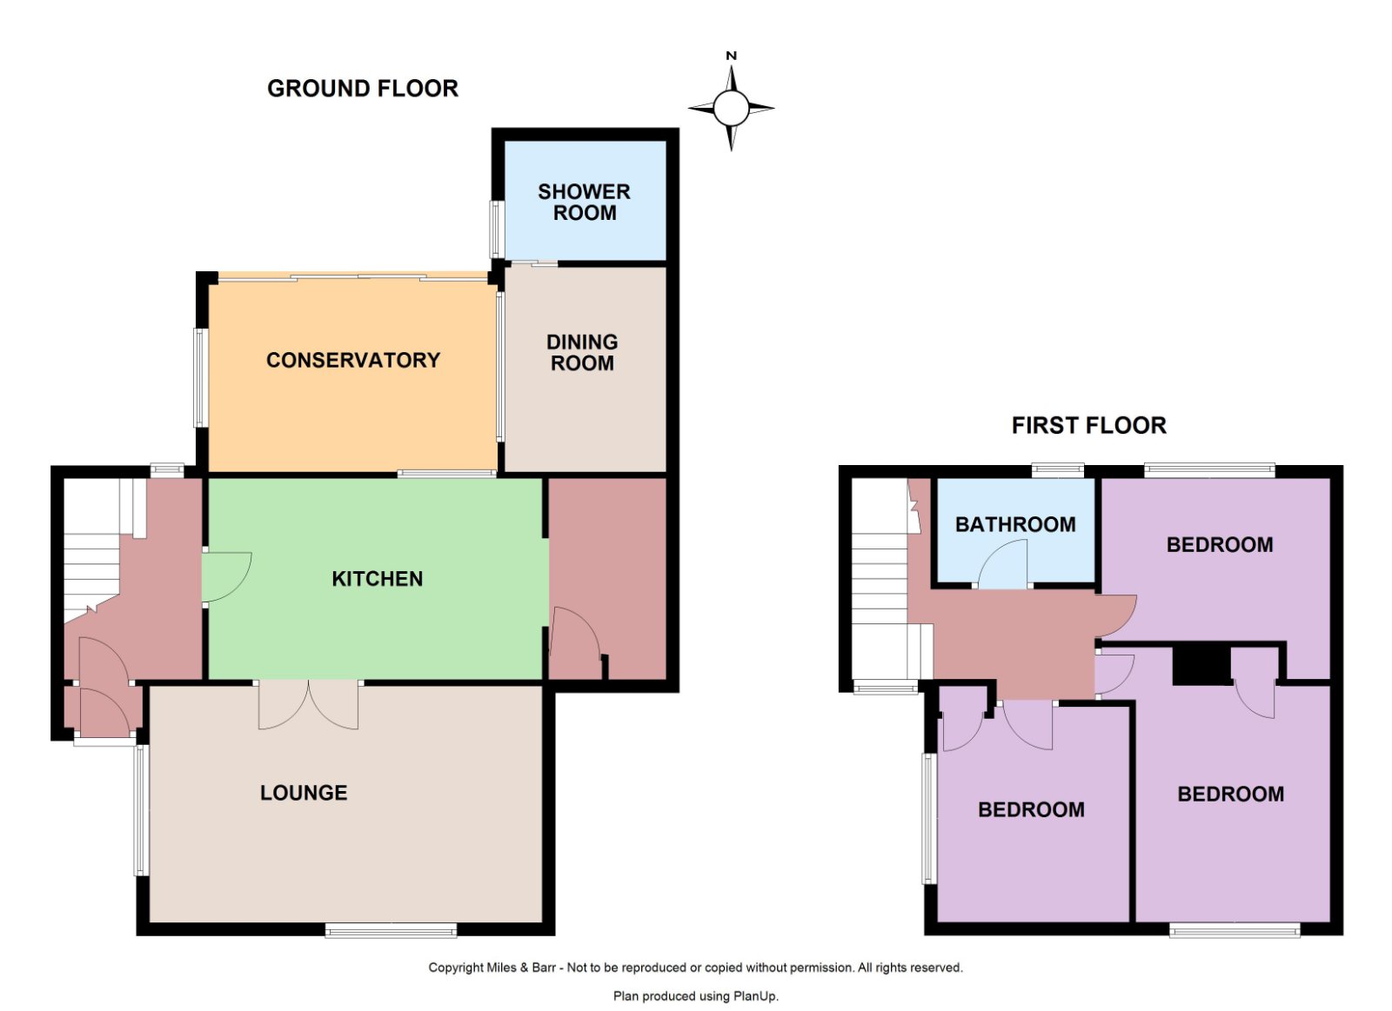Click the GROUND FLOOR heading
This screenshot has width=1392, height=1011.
click(362, 88)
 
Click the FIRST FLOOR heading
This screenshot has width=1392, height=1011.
click(1088, 425)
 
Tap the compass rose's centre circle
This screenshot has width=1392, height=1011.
click(731, 108)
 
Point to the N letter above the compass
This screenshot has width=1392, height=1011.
click(732, 56)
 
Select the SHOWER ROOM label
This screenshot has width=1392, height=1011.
click(584, 202)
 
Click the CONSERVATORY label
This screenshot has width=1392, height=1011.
click(353, 360)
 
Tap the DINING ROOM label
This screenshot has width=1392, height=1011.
click(582, 352)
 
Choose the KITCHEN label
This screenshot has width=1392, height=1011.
click(378, 579)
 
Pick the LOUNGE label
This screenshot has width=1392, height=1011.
click(304, 793)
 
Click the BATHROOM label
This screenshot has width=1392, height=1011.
click(1015, 524)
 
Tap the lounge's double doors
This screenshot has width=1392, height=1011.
click(308, 704)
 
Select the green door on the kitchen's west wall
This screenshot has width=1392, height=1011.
click(227, 577)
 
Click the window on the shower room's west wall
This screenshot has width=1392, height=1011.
click(496, 229)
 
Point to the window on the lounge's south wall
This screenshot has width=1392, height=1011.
click(391, 929)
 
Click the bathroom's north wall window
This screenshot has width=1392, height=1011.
click(1058, 470)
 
